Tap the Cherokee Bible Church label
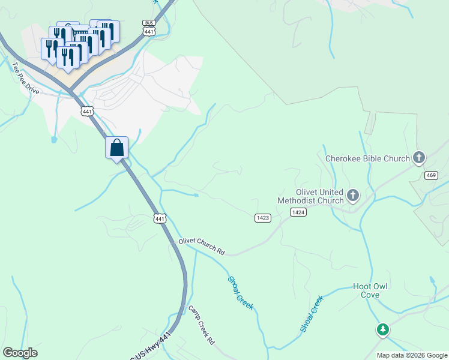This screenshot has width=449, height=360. tap(367, 159)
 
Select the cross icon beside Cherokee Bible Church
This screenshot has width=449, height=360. tap(419, 158)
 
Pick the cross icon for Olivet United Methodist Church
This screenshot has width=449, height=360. tap(352, 195)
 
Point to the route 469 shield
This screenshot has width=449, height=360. tap(430, 175)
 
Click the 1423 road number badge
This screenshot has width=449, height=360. tap(262, 218)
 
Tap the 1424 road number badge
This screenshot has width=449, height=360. tap(298, 212)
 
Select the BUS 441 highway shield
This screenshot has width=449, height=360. tap(149, 26)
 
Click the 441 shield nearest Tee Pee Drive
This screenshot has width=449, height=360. tap(88, 111)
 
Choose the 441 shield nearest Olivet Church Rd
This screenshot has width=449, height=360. tap(159, 219)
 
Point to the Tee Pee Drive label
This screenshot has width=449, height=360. tap(25, 77)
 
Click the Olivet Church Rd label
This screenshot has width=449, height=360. tap(201, 247)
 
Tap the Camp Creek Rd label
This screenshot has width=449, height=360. tap(202, 325)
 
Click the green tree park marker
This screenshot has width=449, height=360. tap(382, 329)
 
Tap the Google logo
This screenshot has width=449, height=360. tap(20, 353)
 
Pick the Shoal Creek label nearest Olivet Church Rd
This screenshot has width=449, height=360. tap(241, 293)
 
